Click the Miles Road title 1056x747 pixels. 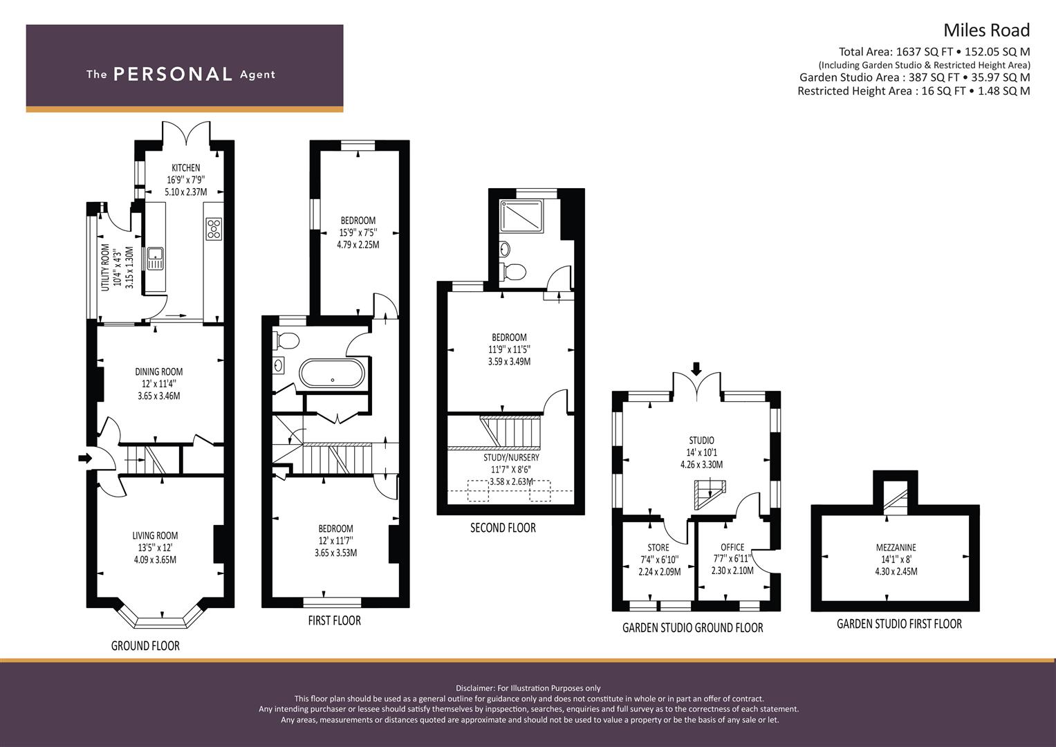point(986,30)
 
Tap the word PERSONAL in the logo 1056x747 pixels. point(172,75)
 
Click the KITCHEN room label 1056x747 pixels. point(186,168)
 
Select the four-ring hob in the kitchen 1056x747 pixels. point(214,229)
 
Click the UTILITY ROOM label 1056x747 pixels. point(106,267)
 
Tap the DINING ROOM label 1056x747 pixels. point(158,372)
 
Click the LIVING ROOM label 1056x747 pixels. point(155,535)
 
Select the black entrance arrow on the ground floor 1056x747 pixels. point(84,458)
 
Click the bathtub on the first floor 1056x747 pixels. point(332,374)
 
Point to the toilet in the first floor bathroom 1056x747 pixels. point(286,340)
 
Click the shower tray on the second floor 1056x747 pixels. point(522,217)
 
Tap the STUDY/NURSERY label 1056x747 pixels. point(511,457)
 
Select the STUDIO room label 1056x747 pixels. point(701,441)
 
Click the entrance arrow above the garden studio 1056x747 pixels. point(696,369)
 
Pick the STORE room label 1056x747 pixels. point(658,547)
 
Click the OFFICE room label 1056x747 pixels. point(732,547)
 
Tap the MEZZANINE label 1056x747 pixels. point(896,547)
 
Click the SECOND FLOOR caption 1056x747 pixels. point(503,528)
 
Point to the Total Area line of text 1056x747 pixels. point(934,52)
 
